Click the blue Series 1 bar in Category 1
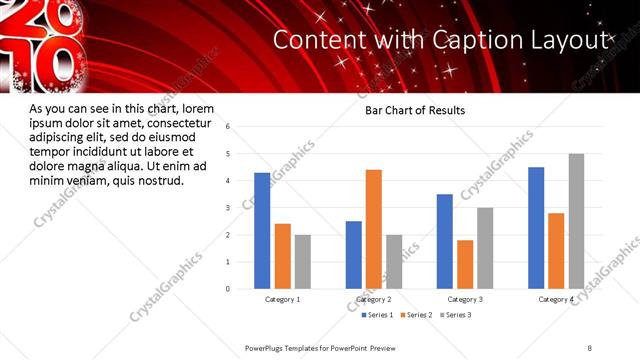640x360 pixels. click(262, 231)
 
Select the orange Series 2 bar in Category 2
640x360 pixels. click(374, 229)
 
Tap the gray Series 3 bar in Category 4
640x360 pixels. click(576, 221)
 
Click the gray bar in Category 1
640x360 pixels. click(303, 262)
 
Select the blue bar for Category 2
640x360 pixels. click(354, 255)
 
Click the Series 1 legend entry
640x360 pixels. click(379, 316)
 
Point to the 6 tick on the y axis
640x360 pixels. click(228, 127)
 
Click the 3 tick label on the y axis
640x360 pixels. click(228, 208)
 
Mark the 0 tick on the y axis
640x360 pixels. click(228, 289)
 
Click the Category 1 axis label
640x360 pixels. click(282, 300)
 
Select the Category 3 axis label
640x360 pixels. click(465, 300)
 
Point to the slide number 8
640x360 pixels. click(590, 347)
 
